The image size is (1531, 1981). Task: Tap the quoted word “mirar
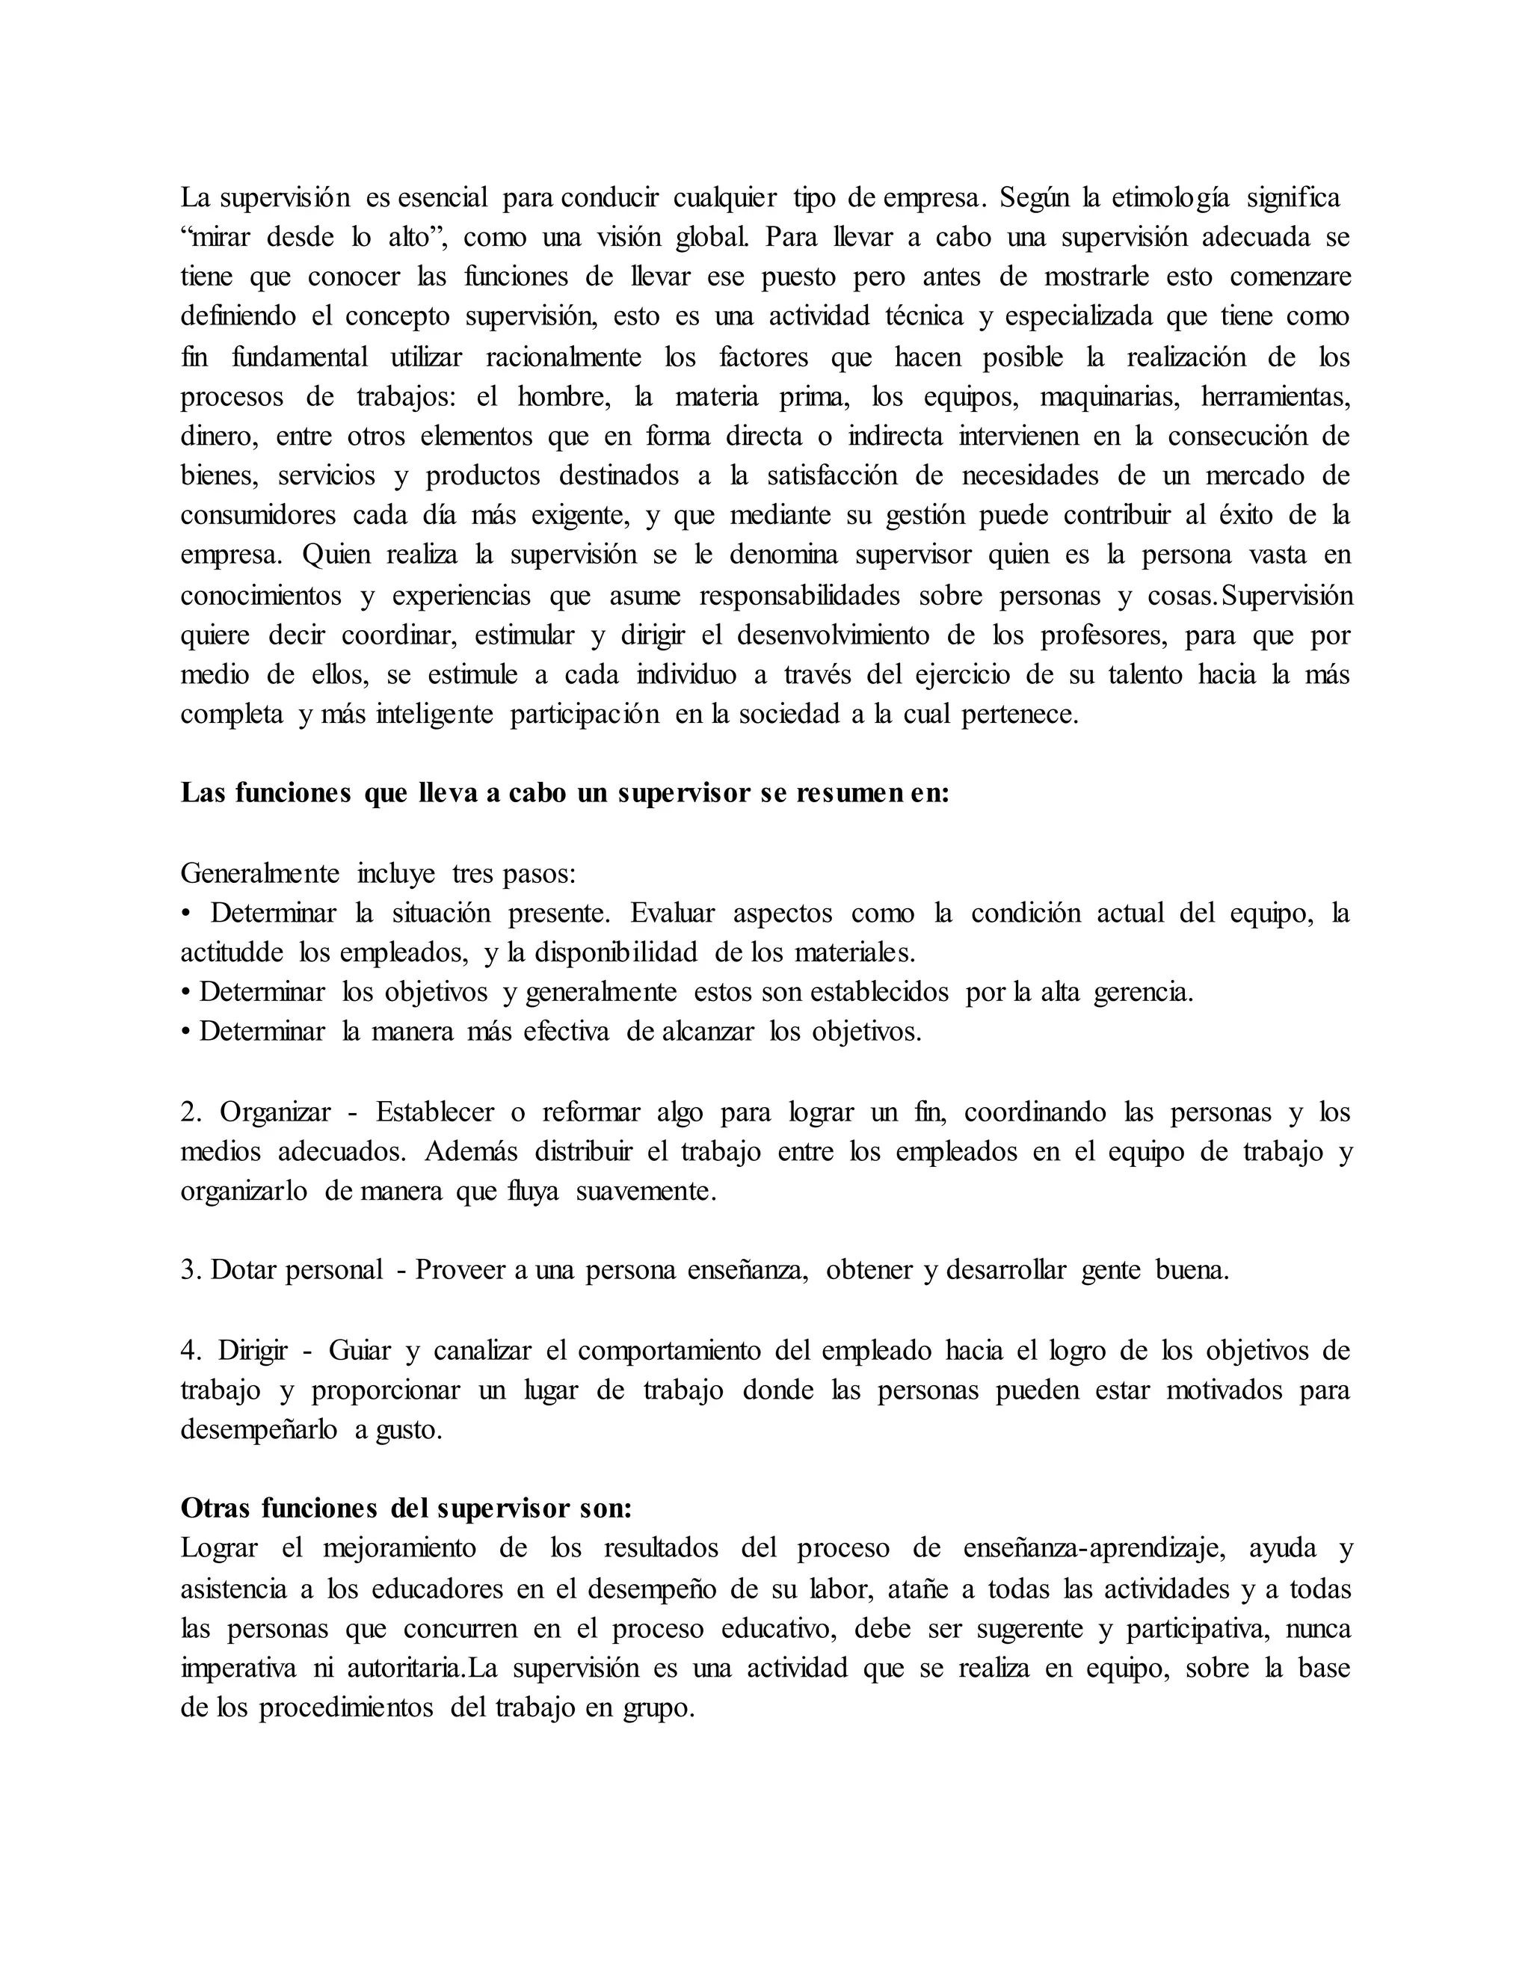coord(215,238)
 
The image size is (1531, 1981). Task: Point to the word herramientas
coord(1275,396)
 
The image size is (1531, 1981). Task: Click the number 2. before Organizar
coord(190,1112)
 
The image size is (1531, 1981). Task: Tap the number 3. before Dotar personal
coord(190,1270)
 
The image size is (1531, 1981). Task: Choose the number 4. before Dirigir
coord(190,1351)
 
